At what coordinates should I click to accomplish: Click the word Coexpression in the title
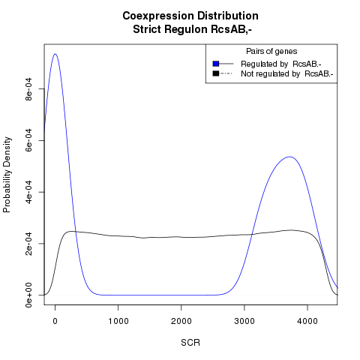click(158, 16)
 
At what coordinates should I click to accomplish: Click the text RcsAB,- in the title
click(231, 29)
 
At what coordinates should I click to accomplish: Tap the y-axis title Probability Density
click(7, 175)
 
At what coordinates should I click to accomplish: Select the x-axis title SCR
click(190, 343)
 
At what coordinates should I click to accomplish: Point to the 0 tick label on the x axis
click(55, 321)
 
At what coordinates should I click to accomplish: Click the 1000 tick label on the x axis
click(118, 321)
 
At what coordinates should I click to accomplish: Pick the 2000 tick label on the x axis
click(181, 321)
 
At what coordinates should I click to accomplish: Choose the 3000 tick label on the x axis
click(244, 321)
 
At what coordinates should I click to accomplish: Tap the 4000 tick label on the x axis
click(307, 321)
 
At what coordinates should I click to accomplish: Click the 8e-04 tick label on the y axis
click(29, 89)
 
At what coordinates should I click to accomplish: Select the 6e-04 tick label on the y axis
click(29, 140)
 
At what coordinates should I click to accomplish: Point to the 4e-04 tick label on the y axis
click(29, 192)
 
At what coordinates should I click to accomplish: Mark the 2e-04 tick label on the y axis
click(29, 244)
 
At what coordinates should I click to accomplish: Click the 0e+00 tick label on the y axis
click(29, 295)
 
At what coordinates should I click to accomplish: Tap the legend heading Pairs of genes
click(271, 52)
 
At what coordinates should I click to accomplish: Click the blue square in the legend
click(216, 64)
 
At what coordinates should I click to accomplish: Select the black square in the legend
click(216, 73)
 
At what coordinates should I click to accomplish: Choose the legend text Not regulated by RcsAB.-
click(287, 74)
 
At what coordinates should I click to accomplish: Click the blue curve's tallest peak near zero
click(55, 54)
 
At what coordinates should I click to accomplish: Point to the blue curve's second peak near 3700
click(289, 157)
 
